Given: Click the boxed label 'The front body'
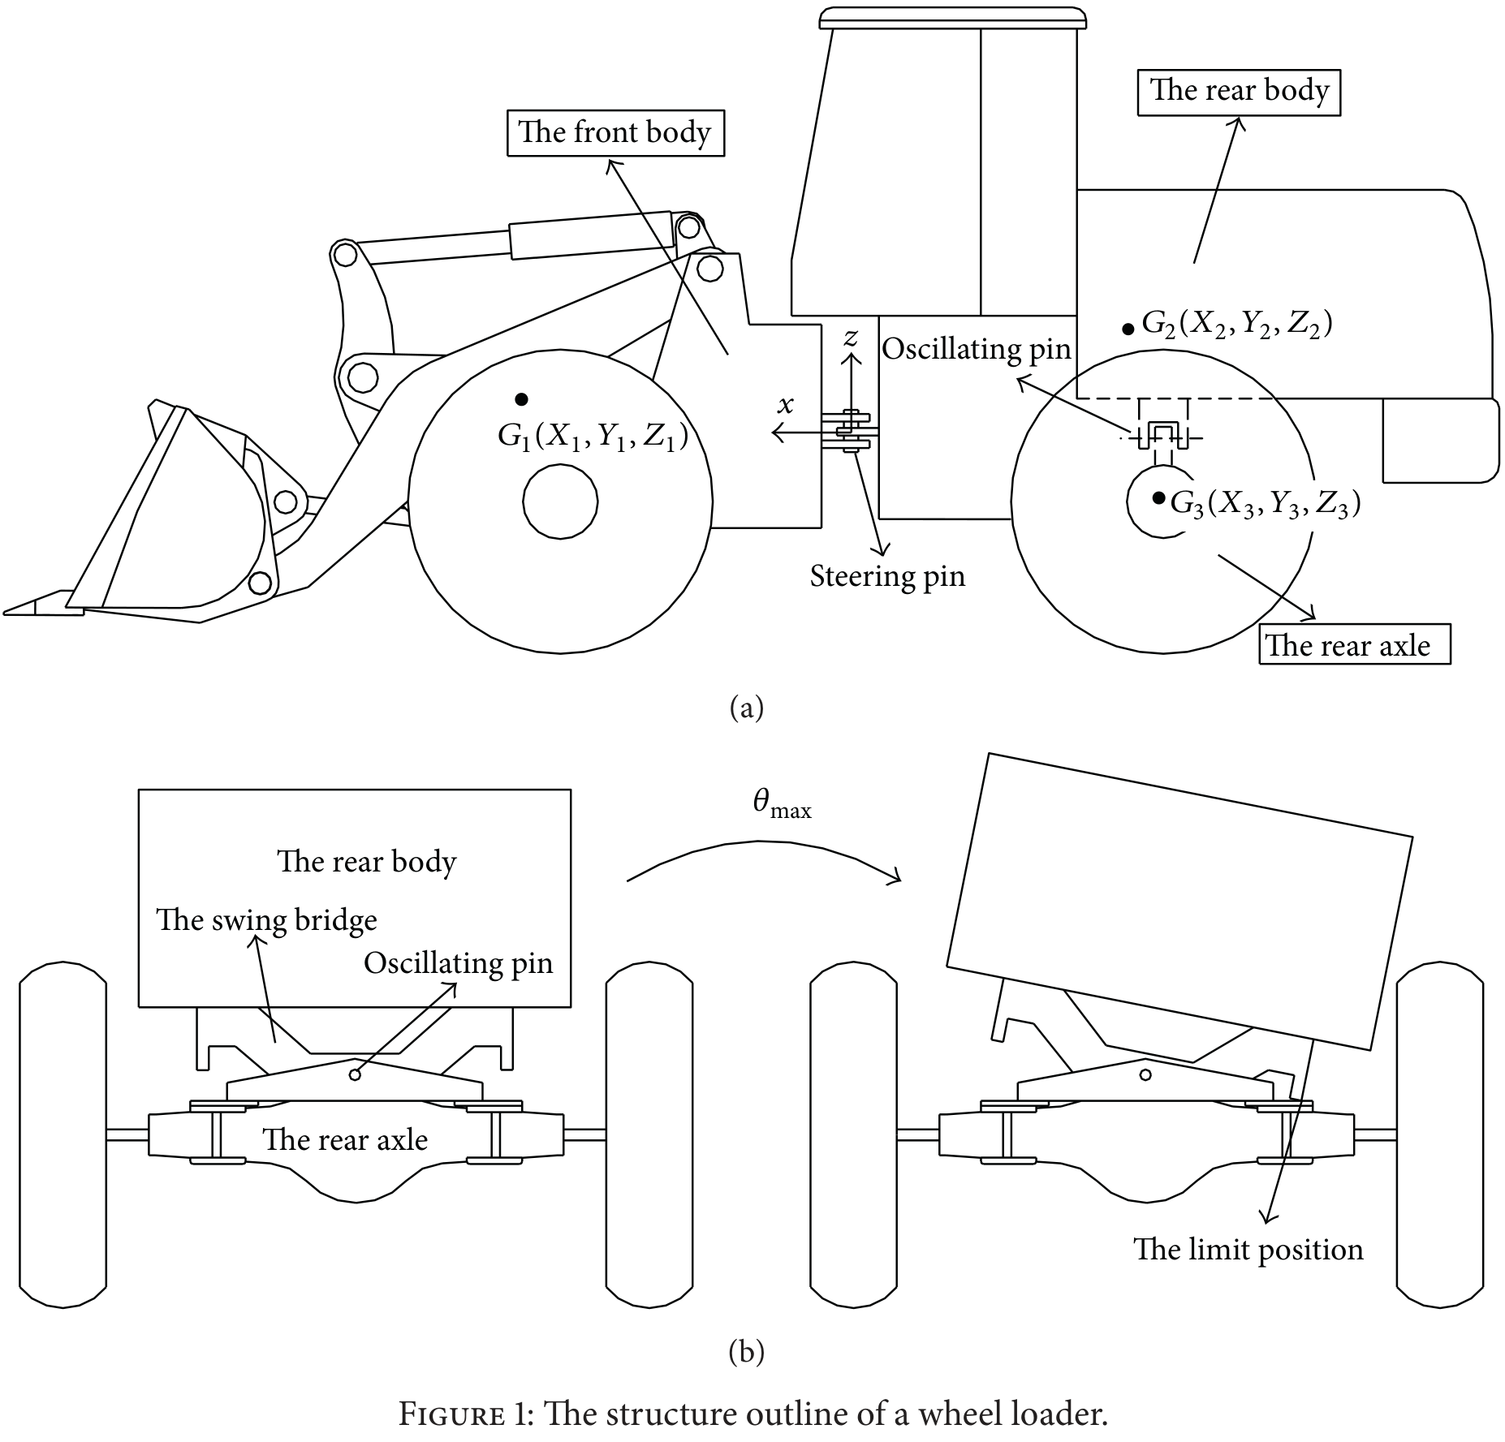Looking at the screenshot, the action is pos(615,133).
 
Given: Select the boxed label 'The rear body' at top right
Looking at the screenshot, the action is pos(1239,93).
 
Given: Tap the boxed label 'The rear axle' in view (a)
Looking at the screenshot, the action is pos(1355,644).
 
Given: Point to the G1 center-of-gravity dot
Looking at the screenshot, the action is pos(522,398).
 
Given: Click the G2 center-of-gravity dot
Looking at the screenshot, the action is pos(1128,329).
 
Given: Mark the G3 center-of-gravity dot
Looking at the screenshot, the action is pos(1158,497).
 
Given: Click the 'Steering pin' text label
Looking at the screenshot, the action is pos(887,575).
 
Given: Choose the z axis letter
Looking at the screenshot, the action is pos(850,338).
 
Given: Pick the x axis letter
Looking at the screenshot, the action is pos(785,405).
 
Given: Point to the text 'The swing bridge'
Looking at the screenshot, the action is pos(266,920).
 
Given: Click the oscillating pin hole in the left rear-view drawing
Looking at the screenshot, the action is pos(354,1075).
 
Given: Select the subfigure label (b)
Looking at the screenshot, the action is pos(747,1351).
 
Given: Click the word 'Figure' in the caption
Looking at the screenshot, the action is pos(451,1414).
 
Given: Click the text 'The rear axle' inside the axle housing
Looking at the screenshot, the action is pos(345,1139).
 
